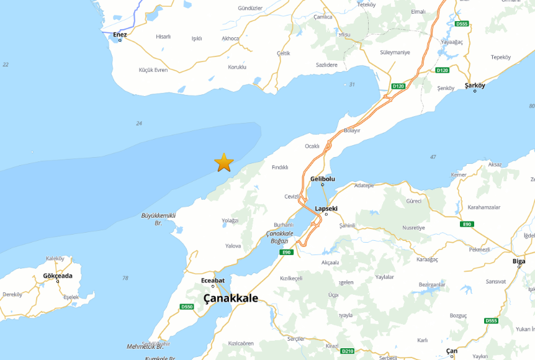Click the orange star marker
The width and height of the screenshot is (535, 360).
(x=224, y=162)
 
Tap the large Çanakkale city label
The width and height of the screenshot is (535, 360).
(x=231, y=299)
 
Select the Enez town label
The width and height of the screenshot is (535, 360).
(x=120, y=35)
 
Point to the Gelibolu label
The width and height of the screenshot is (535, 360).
(x=323, y=179)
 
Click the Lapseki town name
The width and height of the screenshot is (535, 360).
(x=326, y=209)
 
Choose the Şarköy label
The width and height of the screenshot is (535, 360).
(x=475, y=86)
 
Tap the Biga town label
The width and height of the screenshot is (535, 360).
(x=519, y=261)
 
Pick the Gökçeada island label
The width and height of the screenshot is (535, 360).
(x=58, y=276)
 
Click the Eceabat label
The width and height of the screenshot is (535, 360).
(x=213, y=281)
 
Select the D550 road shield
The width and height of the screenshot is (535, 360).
(x=187, y=307)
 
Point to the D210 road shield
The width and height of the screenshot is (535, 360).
(x=348, y=351)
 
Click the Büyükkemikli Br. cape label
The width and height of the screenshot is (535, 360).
(x=159, y=218)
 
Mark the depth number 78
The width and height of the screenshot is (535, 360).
(x=125, y=277)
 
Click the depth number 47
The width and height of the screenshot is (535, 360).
(x=433, y=157)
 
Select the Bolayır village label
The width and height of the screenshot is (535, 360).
(x=352, y=130)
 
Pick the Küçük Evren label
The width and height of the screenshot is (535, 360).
(x=153, y=70)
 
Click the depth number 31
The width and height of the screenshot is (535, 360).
(x=352, y=84)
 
